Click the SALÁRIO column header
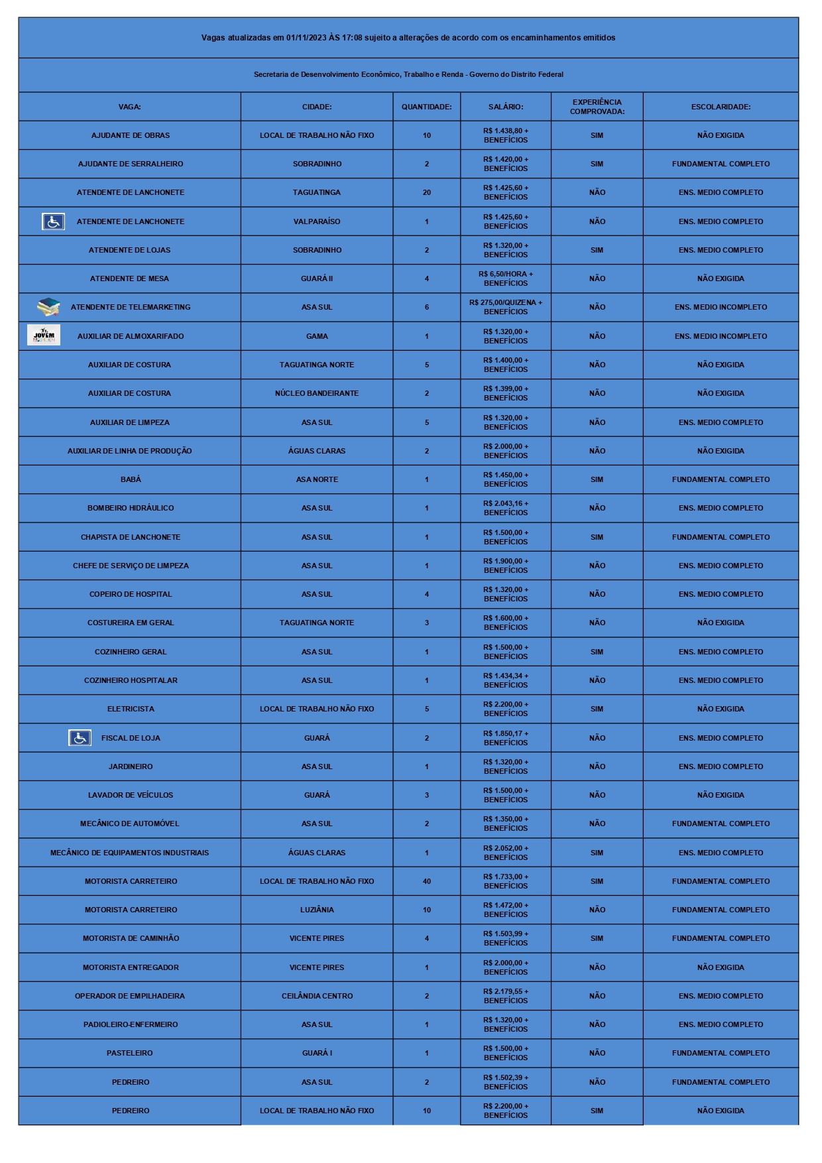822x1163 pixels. click(x=505, y=107)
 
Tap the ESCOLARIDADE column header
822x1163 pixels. click(x=721, y=107)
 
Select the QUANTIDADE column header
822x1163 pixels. click(x=426, y=107)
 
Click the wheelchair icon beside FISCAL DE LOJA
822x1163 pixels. click(x=80, y=737)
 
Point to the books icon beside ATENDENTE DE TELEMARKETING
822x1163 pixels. click(x=48, y=307)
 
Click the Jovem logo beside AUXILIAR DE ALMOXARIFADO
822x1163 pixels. click(x=44, y=336)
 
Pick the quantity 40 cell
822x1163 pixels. click(x=426, y=881)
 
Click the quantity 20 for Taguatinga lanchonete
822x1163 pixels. click(x=426, y=192)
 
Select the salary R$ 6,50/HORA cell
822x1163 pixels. click(x=505, y=278)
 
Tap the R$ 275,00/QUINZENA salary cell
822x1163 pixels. click(x=505, y=307)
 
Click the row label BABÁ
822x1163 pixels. click(x=131, y=479)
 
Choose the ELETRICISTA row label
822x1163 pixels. click(x=131, y=709)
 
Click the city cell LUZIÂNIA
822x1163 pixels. click(x=317, y=910)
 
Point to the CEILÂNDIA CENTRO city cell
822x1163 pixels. click(x=317, y=996)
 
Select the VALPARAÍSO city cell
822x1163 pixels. click(x=317, y=221)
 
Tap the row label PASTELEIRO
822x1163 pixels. click(x=130, y=1053)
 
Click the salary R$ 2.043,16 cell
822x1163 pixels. click(x=505, y=508)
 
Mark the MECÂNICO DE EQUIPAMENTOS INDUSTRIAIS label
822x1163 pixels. click(x=129, y=853)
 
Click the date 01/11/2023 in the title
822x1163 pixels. click(x=306, y=38)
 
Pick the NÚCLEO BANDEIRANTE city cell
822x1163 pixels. click(x=317, y=393)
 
